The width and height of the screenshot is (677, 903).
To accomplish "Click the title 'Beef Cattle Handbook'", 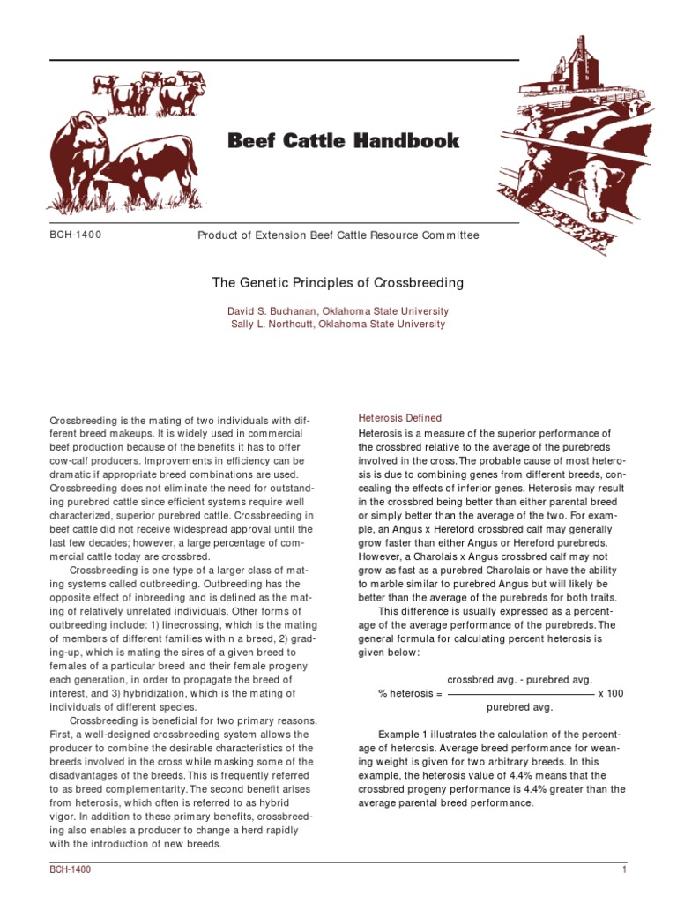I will (344, 141).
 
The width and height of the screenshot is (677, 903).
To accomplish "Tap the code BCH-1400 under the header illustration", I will (76, 235).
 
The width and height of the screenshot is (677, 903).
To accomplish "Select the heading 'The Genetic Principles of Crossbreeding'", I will (338, 283).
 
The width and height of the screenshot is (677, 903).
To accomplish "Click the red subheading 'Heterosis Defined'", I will (399, 417).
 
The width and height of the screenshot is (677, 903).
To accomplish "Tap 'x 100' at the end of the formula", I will (610, 693).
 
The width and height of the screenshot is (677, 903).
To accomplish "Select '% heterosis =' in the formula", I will (410, 693).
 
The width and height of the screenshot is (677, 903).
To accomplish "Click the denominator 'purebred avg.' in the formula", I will (520, 707).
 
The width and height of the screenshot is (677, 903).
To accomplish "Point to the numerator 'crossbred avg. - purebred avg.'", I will (520, 680).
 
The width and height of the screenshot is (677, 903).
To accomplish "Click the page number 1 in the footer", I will (623, 870).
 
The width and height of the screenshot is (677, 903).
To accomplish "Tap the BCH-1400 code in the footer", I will (70, 870).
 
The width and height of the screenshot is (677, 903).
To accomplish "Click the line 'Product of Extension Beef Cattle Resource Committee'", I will (338, 235).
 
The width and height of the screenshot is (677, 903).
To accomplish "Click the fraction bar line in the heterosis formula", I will (521, 694).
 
